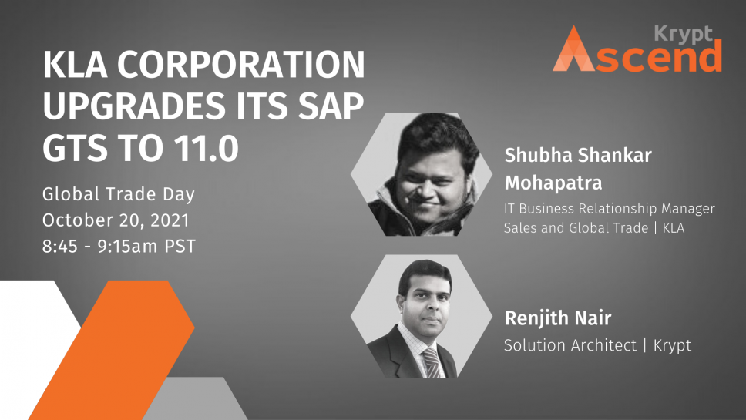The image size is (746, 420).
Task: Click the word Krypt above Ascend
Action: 684,34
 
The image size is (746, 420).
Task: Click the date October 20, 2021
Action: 116,220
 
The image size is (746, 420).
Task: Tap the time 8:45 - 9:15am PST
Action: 119,247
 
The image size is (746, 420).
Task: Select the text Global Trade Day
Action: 119,194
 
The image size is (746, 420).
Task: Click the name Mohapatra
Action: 553,183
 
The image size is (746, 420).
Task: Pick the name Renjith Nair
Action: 558,318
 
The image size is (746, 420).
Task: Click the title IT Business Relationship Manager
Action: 610,208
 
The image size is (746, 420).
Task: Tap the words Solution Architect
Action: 570,344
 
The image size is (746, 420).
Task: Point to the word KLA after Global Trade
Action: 674,228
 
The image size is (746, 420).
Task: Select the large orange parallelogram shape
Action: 112,350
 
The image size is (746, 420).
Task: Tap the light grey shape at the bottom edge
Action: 195,398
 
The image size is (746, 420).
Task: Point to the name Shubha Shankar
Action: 578,155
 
